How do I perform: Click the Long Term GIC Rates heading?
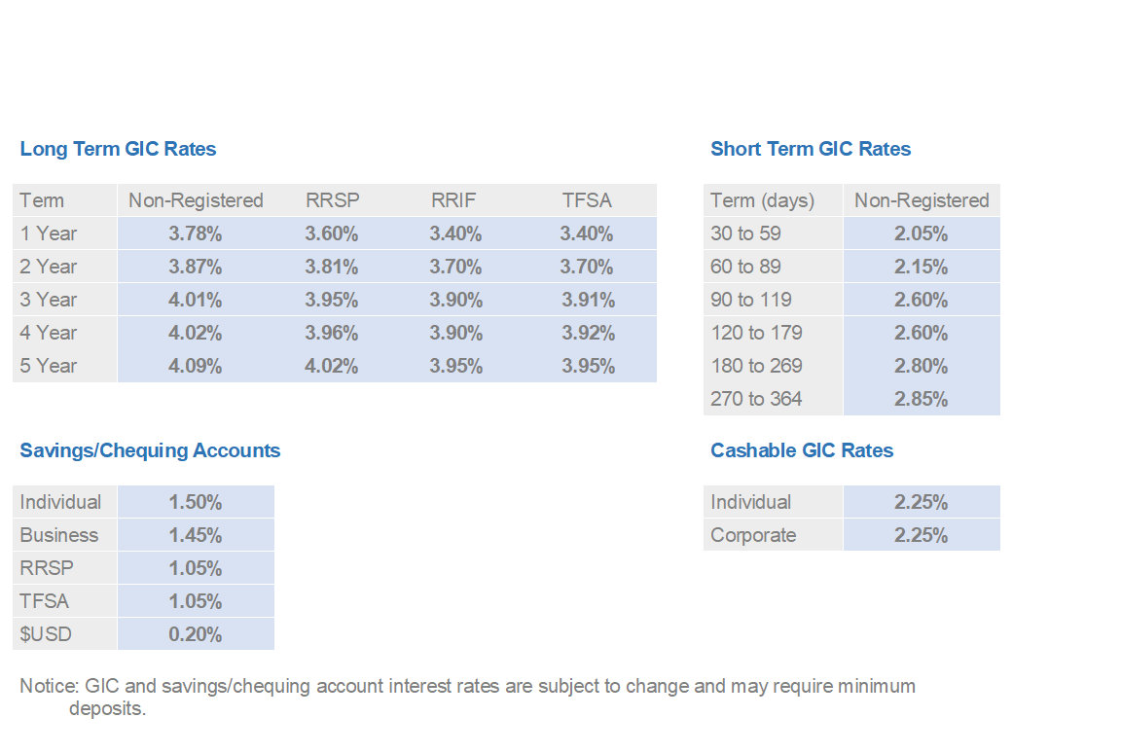tap(118, 149)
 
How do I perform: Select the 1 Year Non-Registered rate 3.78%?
tap(196, 233)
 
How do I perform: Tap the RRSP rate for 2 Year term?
tap(332, 267)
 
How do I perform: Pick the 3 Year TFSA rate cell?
tap(588, 300)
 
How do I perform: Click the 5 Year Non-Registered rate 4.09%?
tap(196, 366)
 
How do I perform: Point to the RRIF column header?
tap(453, 200)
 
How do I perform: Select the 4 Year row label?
tap(48, 333)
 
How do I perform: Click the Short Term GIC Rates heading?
tap(811, 149)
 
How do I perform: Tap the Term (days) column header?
tap(762, 200)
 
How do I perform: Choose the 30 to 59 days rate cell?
tap(921, 233)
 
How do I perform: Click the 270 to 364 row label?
tap(756, 399)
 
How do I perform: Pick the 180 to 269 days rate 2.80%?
tap(921, 366)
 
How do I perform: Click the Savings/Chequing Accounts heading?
tap(150, 450)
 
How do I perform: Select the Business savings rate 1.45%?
tap(196, 535)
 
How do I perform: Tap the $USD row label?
tap(46, 634)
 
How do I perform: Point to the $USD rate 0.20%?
tap(196, 634)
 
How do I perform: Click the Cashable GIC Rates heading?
tap(802, 450)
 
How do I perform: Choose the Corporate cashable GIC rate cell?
tap(921, 535)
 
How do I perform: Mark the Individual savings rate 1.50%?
tap(196, 502)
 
